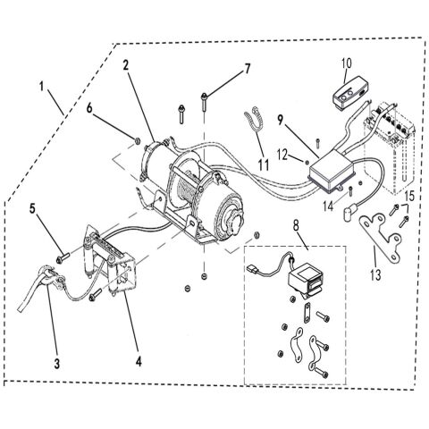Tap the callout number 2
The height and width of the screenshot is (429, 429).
[127, 65]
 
